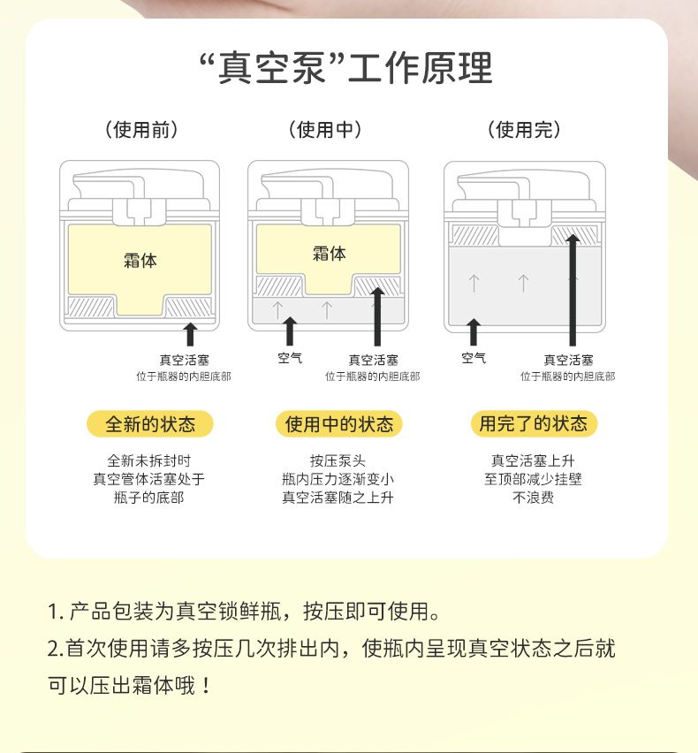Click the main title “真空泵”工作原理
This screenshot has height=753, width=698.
click(x=346, y=68)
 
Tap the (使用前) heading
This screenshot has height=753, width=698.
click(x=141, y=130)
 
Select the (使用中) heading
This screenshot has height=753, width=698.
click(x=325, y=130)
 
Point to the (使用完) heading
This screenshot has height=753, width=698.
click(x=524, y=130)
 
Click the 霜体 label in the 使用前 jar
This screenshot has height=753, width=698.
click(x=140, y=261)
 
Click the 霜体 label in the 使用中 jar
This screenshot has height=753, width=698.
click(x=330, y=253)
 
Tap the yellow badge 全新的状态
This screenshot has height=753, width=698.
click(x=150, y=424)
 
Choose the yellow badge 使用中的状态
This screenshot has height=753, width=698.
click(x=339, y=424)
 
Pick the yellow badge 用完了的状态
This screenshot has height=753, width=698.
click(x=534, y=423)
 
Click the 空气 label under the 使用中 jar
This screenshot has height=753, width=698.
click(x=290, y=358)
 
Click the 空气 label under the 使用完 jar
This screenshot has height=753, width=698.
click(x=474, y=358)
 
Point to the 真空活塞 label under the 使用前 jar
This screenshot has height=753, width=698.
click(x=185, y=361)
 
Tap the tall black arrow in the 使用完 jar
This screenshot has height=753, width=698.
click(x=573, y=290)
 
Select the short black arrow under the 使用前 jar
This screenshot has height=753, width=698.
click(x=191, y=334)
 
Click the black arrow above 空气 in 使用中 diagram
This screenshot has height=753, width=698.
click(x=290, y=331)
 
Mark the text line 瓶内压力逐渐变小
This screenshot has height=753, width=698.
click(x=338, y=479)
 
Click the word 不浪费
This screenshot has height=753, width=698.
click(x=534, y=498)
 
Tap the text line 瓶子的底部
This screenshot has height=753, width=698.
click(x=148, y=498)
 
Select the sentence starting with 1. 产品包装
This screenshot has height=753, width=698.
click(x=244, y=612)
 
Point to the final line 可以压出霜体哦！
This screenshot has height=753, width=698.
click(x=129, y=685)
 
